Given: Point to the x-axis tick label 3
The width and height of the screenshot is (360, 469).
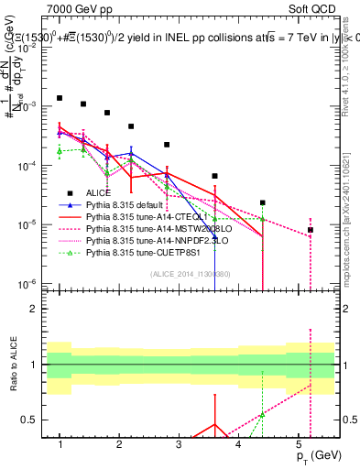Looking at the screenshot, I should pos(179,444).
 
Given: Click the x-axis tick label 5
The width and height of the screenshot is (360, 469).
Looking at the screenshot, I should pos(299,444).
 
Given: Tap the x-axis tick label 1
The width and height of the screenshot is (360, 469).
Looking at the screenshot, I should pos(60,444).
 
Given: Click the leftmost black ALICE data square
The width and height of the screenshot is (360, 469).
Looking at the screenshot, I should pos(60,98).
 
